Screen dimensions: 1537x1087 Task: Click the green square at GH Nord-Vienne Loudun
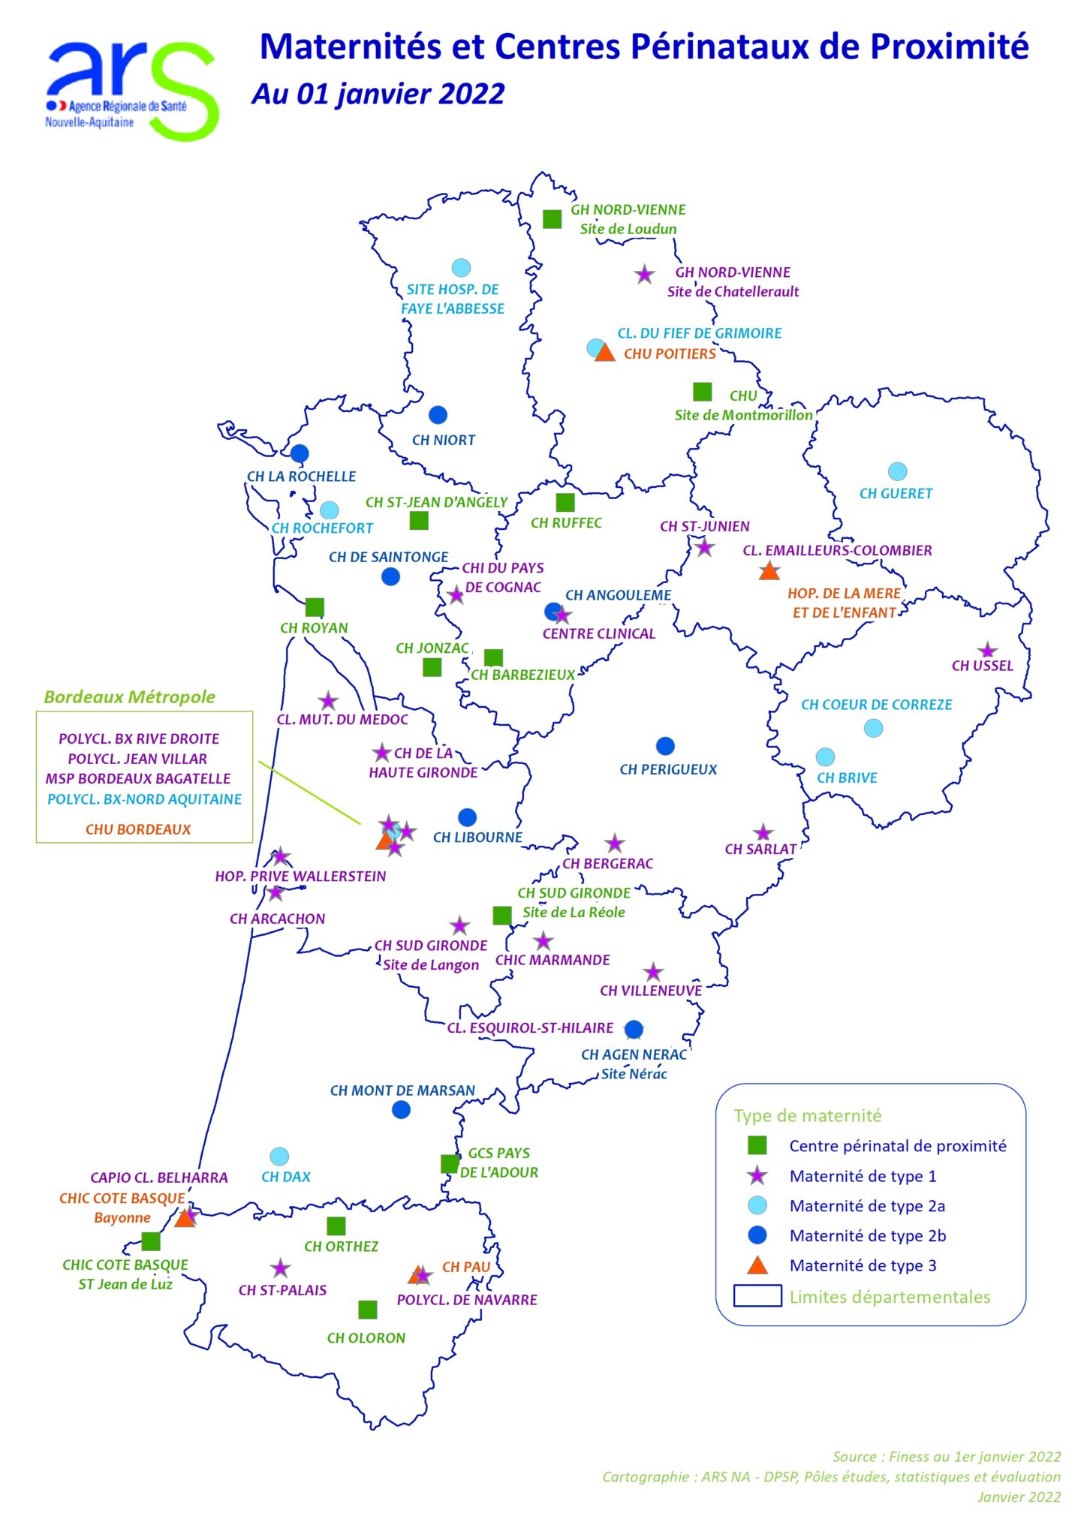552,219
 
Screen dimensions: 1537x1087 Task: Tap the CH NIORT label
443,441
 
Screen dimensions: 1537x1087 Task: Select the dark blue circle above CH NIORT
438,415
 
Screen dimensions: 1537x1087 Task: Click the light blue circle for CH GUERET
897,471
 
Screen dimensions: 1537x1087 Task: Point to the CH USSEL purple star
987,651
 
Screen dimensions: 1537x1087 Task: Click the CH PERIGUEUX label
668,770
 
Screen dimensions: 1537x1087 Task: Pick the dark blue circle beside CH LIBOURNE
467,817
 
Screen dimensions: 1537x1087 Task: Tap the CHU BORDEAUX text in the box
138,830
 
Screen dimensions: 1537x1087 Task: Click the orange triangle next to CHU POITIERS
605,353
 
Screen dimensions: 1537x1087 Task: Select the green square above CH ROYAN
315,607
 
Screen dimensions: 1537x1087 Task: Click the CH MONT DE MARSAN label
402,1091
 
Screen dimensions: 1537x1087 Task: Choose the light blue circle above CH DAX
279,1157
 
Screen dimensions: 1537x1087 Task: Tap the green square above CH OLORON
367,1310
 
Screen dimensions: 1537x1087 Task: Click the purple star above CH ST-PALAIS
280,1269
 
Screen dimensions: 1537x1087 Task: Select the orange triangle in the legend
757,1265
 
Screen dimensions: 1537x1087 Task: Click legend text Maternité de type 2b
867,1236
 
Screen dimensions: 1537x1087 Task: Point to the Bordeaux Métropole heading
129,697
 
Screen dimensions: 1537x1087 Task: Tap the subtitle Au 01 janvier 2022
378,95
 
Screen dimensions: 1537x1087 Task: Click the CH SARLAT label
760,850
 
